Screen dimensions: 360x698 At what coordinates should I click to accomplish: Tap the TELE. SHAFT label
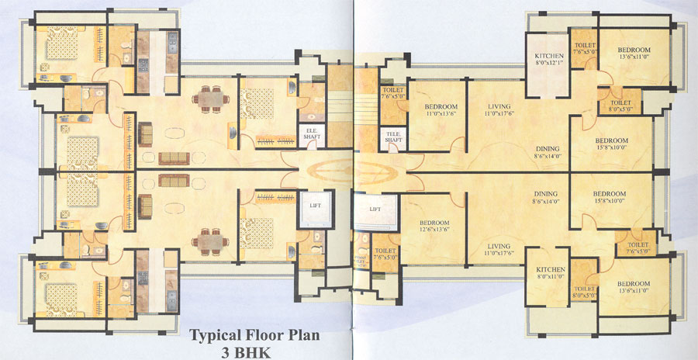point(392,137)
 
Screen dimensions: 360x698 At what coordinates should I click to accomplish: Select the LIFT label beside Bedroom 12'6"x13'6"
point(375,209)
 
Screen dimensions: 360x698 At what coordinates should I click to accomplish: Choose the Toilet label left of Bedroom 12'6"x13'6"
point(385,254)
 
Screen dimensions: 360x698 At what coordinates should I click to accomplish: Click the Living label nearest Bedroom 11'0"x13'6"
point(499,109)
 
